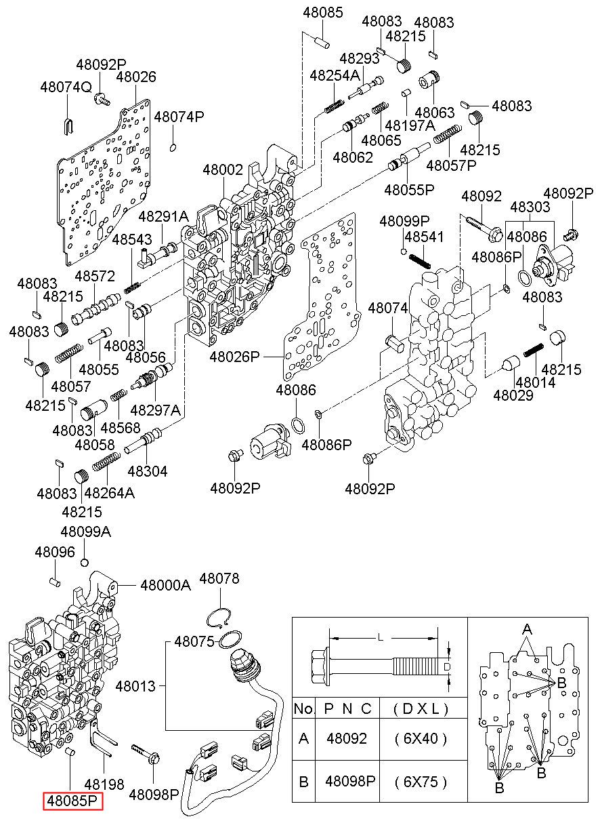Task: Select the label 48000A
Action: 166,585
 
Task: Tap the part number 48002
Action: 223,169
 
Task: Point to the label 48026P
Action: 235,357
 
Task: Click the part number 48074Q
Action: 66,87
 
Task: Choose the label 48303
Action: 530,207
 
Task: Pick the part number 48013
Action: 135,686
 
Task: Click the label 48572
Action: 95,276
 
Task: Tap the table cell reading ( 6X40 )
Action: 421,738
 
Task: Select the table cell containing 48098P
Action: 350,782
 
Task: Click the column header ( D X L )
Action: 421,709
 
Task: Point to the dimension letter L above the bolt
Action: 381,638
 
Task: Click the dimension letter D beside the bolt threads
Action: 446,667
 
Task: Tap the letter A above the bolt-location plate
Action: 527,629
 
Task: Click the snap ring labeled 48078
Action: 219,618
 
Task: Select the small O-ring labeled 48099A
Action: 85,562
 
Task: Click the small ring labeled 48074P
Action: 173,147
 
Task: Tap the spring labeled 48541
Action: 419,261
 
